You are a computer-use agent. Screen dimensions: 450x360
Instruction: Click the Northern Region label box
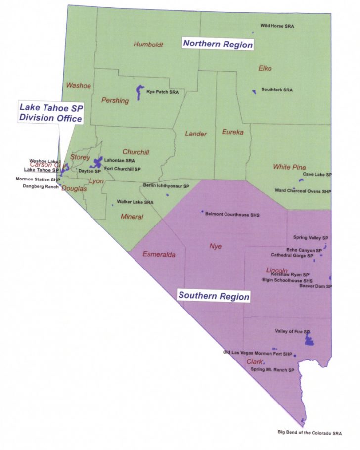point(218,44)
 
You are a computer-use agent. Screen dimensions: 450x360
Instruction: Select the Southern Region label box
point(214,296)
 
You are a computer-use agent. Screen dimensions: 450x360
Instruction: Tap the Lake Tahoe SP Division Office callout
point(50,112)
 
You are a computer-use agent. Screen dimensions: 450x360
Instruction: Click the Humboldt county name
point(148,45)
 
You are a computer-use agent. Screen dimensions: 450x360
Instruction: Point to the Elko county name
point(265,68)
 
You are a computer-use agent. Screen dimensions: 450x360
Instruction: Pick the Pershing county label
point(115,100)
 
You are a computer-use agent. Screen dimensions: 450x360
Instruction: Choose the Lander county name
point(196,134)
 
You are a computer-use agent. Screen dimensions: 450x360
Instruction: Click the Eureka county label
point(232,132)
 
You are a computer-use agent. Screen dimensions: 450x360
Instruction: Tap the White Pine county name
point(289,167)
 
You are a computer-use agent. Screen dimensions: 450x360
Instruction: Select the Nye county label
point(216,246)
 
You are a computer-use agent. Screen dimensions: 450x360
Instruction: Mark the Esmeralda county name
point(159,255)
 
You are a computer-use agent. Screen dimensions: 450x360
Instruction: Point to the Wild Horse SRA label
point(276,26)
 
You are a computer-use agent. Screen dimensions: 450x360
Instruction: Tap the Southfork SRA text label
point(277,90)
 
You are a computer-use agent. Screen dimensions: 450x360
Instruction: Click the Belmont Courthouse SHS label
point(232,215)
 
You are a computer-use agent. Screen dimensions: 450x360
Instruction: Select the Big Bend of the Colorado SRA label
point(310,432)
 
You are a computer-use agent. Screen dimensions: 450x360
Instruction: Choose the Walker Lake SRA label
point(135,202)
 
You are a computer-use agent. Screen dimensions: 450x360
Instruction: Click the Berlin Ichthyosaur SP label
point(166,186)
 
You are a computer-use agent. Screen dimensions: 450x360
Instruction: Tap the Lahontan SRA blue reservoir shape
point(97,162)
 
